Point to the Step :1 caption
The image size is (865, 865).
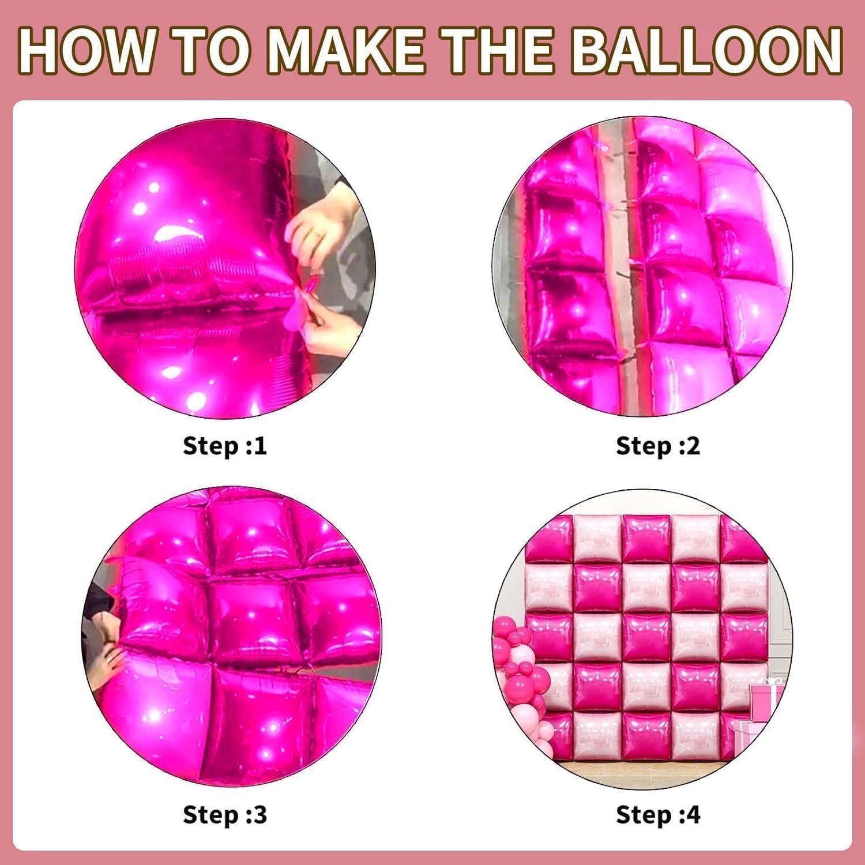click(x=225, y=446)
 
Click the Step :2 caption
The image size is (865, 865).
click(x=658, y=446)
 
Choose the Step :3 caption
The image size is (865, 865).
click(x=225, y=815)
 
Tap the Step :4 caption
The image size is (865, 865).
click(x=658, y=815)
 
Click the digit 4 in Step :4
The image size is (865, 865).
click(x=693, y=815)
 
